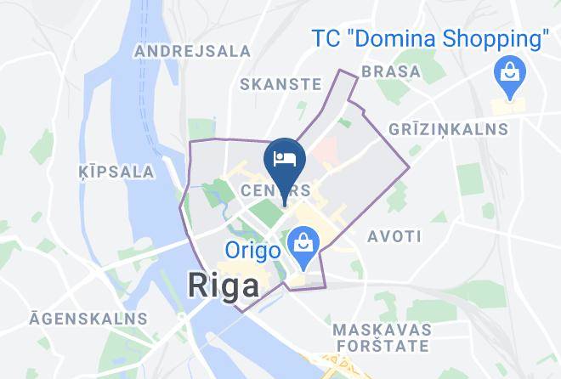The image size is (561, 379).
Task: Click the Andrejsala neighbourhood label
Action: click(x=193, y=51)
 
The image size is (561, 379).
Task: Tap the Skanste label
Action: click(x=280, y=84)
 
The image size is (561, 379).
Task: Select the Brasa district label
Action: click(x=391, y=71)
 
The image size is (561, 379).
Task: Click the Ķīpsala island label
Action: click(x=120, y=172)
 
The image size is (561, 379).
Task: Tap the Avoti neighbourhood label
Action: click(x=390, y=235)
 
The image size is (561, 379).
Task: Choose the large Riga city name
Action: click(x=223, y=286)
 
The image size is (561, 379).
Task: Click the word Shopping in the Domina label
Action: click(x=497, y=39)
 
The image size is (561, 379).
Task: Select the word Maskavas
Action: click(x=381, y=329)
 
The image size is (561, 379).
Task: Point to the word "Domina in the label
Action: click(x=395, y=39)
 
